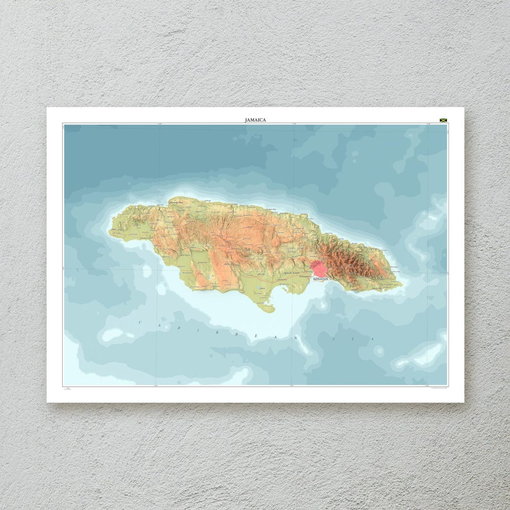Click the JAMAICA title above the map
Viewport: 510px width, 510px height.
point(255,120)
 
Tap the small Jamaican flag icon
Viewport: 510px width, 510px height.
point(443,120)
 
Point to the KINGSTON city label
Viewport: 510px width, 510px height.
point(320,279)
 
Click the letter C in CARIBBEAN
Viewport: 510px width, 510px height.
point(140,322)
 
